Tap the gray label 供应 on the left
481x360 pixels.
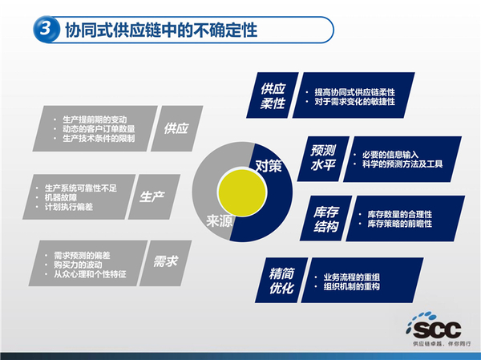click(x=175, y=127)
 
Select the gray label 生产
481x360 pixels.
click(x=152, y=196)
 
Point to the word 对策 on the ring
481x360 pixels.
click(x=269, y=166)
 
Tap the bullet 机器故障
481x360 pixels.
click(x=67, y=197)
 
